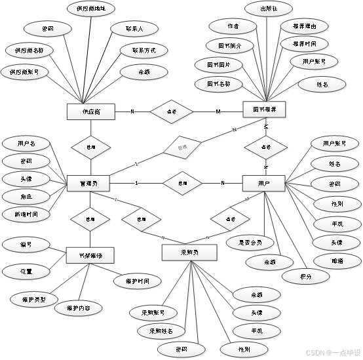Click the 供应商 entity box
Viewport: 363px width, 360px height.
point(91,112)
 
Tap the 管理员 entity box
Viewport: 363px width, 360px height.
point(91,183)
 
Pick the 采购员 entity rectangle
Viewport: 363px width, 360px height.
point(188,252)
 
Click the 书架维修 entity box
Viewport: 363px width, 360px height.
point(91,254)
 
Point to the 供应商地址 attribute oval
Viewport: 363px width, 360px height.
point(91,9)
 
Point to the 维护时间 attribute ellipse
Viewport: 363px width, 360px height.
point(136,281)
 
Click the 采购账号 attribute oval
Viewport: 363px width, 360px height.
point(151,311)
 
